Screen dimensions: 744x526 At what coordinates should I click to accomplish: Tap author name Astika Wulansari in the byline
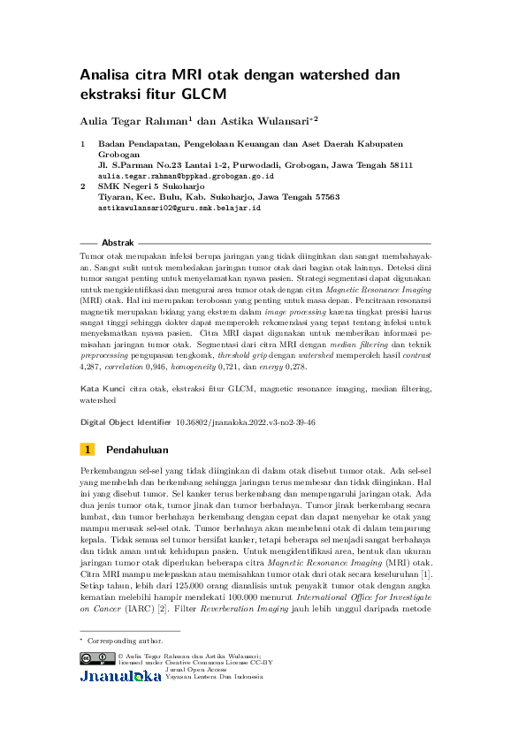point(266,120)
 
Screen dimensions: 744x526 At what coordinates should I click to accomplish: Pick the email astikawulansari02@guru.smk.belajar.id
point(179,209)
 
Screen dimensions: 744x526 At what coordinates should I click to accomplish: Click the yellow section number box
point(88,450)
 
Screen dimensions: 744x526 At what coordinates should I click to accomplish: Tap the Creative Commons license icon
point(96,658)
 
